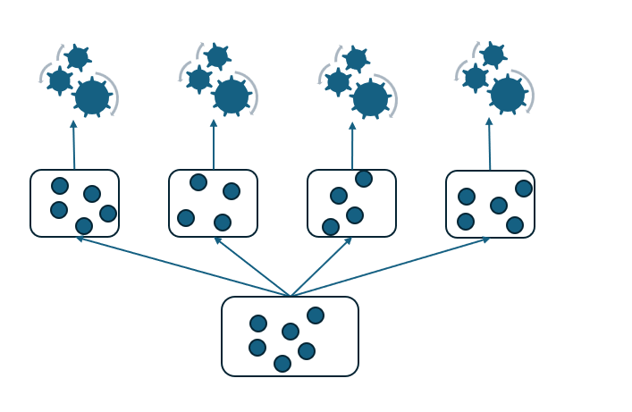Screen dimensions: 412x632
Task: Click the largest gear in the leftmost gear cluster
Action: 91,97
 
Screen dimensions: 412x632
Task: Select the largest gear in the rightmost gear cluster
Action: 508,94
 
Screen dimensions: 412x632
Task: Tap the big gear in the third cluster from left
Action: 370,98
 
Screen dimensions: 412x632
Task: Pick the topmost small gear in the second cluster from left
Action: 217,56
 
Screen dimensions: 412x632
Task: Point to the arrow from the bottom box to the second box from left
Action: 252,266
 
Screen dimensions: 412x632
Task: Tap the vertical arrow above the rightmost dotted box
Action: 489,144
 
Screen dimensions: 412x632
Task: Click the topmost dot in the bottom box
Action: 316,315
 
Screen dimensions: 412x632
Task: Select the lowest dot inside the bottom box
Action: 282,363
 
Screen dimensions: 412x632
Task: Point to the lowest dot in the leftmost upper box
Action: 84,225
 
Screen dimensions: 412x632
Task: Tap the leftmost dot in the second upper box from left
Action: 186,217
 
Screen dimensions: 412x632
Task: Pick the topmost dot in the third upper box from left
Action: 364,179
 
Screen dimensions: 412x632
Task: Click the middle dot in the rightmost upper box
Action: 499,206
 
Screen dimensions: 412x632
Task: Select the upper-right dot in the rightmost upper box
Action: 524,189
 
